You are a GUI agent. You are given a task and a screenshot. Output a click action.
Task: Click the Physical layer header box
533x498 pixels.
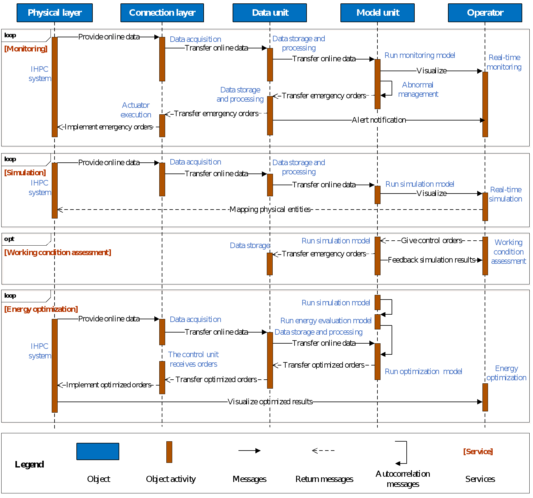click(x=55, y=13)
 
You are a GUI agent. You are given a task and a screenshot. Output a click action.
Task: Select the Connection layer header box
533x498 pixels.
click(x=162, y=13)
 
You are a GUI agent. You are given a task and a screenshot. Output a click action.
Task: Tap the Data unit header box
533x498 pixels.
click(x=270, y=13)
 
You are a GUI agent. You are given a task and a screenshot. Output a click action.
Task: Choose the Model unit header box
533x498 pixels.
click(x=377, y=13)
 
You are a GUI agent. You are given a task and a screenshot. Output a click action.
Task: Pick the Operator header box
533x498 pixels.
click(x=485, y=13)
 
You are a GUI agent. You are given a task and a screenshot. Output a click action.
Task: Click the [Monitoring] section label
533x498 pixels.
click(x=26, y=49)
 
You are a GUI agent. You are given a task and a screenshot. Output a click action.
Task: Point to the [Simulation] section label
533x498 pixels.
click(x=25, y=173)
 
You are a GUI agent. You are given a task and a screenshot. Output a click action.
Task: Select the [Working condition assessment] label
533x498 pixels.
click(x=58, y=252)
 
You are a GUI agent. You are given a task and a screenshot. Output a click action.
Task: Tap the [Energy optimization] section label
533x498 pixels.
click(x=41, y=309)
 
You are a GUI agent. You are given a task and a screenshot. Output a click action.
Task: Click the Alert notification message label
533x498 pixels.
click(x=379, y=120)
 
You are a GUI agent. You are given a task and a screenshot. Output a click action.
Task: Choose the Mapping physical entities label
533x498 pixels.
click(x=270, y=210)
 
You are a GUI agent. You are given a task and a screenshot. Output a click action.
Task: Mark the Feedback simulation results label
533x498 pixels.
click(x=431, y=260)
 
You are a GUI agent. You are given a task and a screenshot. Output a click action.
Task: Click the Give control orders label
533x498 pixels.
click(x=431, y=240)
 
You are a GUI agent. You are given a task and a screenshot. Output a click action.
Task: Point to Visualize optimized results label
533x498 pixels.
click(x=270, y=402)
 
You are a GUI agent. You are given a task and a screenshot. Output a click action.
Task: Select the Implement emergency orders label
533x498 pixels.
click(x=108, y=127)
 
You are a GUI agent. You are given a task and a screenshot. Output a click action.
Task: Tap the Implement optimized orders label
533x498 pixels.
click(x=108, y=385)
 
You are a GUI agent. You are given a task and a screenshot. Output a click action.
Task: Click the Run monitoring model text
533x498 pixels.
click(x=420, y=55)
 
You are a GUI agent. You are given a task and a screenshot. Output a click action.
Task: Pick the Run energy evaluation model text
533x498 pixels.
click(x=326, y=320)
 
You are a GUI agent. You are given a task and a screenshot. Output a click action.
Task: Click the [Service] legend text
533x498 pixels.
click(x=478, y=451)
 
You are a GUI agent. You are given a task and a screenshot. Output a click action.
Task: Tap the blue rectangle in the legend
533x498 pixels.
click(x=98, y=451)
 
